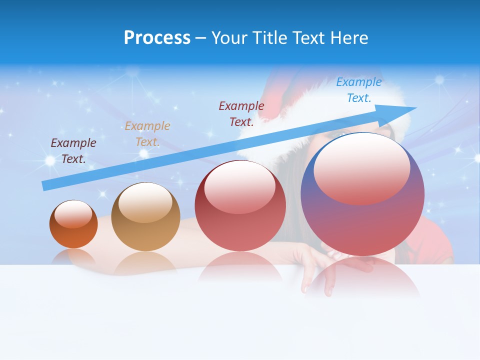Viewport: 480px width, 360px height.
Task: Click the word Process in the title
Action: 157,38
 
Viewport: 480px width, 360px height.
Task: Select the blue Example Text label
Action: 358,90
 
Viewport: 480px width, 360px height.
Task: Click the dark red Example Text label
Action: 241,114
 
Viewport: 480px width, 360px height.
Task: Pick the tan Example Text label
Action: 147,134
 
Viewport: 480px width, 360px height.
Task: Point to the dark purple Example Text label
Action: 73,150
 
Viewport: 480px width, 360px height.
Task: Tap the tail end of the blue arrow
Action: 46,185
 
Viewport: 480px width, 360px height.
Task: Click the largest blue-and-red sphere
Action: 362,220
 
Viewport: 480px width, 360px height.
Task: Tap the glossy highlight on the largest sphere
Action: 361,168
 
